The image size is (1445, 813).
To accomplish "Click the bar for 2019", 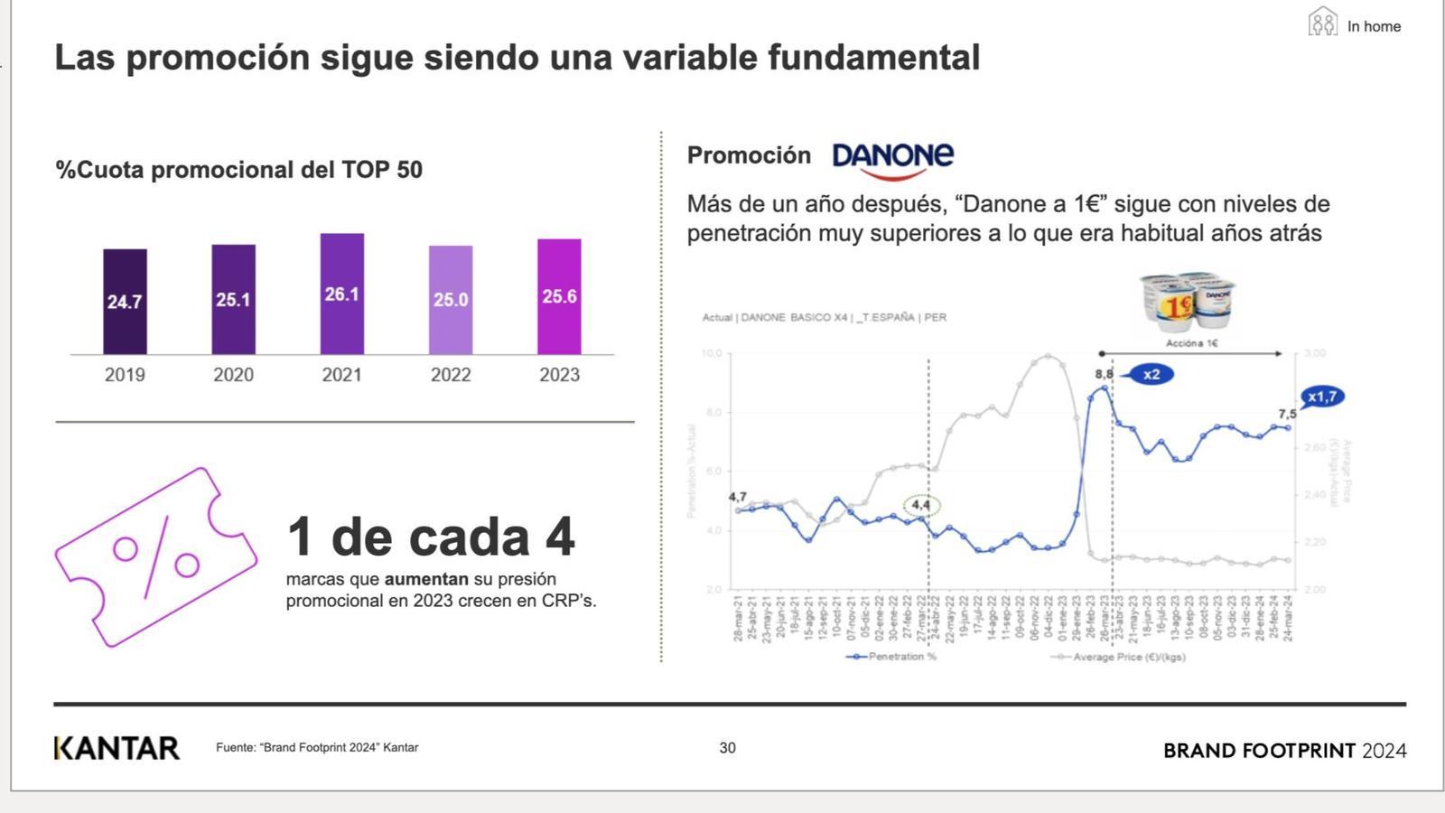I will (x=125, y=302).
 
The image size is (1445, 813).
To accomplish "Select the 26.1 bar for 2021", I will (x=342, y=294).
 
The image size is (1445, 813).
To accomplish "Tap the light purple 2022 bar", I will (x=451, y=300).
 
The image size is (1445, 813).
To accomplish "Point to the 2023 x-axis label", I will (x=559, y=375).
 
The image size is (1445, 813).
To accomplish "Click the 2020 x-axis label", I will (x=233, y=375).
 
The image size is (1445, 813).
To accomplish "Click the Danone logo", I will (x=892, y=159).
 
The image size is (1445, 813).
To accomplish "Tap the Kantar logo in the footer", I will (x=117, y=748).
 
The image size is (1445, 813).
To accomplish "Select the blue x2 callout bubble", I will (x=1150, y=374).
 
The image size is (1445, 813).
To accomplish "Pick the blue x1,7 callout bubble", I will (x=1322, y=397).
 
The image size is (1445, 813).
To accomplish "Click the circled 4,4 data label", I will (x=921, y=506).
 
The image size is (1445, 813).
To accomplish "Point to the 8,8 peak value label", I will (x=1104, y=374).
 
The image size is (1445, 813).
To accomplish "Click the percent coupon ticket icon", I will (x=155, y=556).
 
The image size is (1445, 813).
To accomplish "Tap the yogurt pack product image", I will (x=1188, y=304).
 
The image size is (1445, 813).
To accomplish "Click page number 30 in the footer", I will (x=727, y=748).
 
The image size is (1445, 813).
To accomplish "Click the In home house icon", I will (x=1322, y=22).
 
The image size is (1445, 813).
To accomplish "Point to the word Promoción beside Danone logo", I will (x=749, y=155).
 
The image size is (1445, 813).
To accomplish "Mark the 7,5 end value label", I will (x=1287, y=414).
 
